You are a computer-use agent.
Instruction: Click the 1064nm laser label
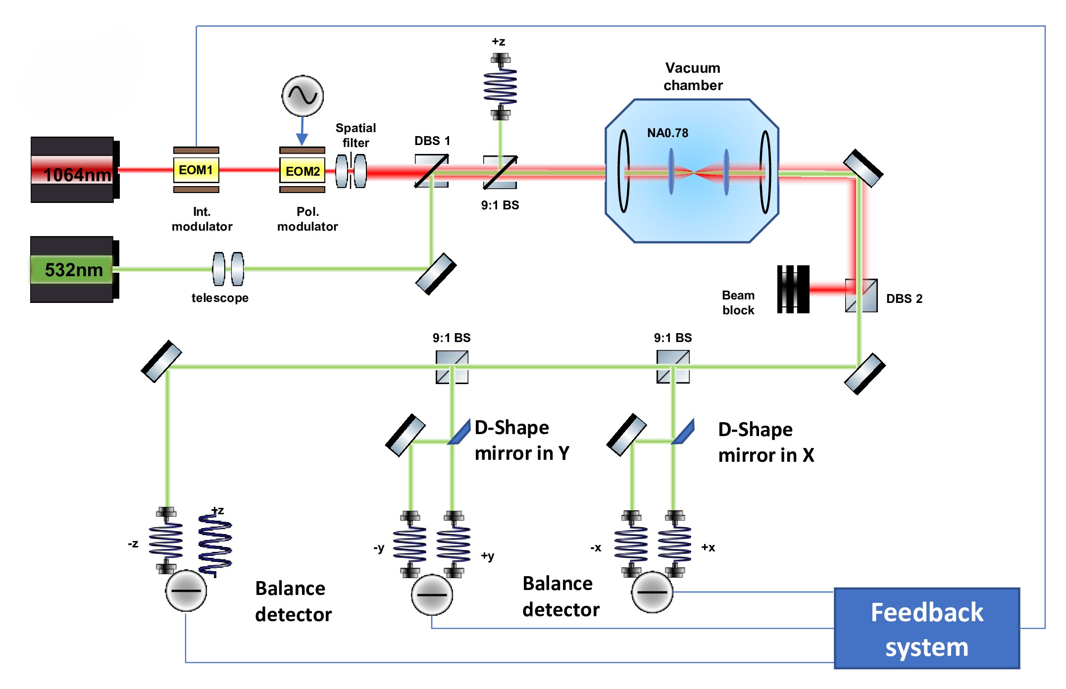point(77,174)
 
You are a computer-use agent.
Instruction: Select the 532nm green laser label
point(73,270)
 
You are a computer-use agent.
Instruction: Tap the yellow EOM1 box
point(196,170)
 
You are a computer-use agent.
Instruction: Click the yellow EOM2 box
point(303,171)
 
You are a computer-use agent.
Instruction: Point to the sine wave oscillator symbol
point(303,96)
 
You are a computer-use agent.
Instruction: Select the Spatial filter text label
point(355,135)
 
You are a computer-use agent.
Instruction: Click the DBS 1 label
point(432,141)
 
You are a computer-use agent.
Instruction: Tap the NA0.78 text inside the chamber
point(667,133)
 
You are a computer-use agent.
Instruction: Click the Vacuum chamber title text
point(693,77)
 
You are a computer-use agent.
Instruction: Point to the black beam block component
point(793,289)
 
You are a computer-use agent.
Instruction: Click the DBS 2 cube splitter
point(861,295)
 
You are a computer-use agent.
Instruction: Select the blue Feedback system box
point(926,629)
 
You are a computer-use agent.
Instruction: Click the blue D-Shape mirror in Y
point(460,432)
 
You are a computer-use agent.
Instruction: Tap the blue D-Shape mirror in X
point(683,432)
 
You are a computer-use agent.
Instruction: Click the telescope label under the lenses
point(220,298)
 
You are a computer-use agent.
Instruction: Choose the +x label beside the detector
point(708,547)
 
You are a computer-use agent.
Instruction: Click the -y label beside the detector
point(379,548)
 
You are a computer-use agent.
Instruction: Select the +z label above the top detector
point(498,42)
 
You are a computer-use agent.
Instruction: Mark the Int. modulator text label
point(202,219)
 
